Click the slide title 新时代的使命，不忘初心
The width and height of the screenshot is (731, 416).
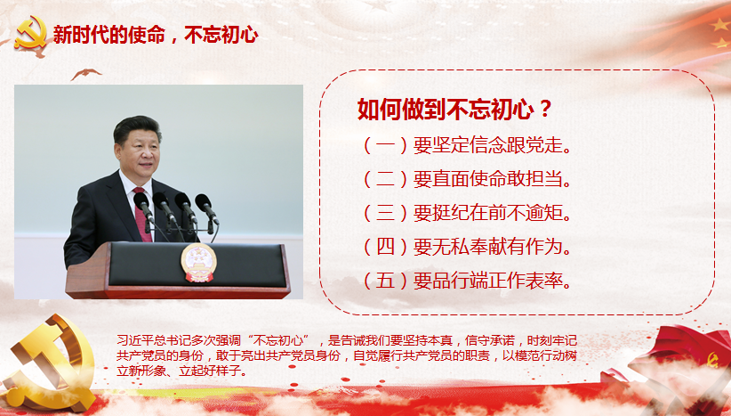pyautogui.click(x=156, y=35)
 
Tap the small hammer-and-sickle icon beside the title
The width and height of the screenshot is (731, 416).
pyautogui.click(x=31, y=33)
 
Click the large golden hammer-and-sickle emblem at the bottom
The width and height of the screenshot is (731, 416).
pyautogui.click(x=49, y=362)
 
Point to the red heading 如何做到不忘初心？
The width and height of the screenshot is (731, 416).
pyautogui.click(x=454, y=110)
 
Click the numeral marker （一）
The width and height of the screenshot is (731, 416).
pyautogui.click(x=386, y=146)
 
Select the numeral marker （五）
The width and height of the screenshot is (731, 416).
pyautogui.click(x=386, y=281)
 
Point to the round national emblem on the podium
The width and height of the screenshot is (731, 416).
pyautogui.click(x=199, y=263)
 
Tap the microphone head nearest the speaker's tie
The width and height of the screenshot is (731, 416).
pyautogui.click(x=141, y=201)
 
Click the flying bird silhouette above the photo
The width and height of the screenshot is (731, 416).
pyautogui.click(x=85, y=73)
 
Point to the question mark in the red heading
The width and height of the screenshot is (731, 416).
pyautogui.click(x=544, y=110)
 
